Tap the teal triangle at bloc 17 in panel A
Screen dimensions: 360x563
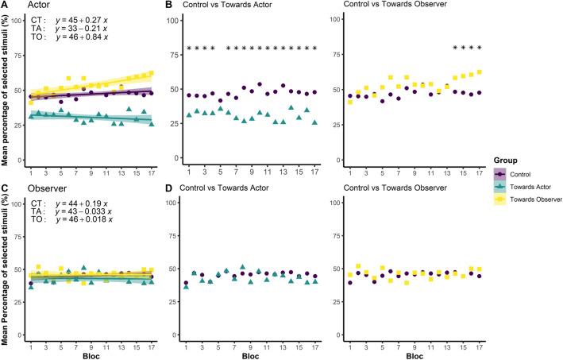[151, 123]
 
